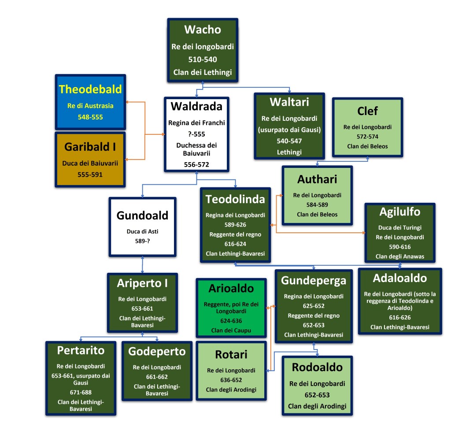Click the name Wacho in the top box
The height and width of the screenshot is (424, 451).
[203, 30]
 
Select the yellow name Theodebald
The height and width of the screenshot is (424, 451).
[90, 89]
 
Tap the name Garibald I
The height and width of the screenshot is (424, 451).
[90, 146]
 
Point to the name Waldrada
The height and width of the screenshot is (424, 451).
[196, 107]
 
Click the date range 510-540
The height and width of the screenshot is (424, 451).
[203, 60]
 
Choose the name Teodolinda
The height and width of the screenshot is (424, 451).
[235, 199]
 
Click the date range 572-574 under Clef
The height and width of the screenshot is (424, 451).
[367, 137]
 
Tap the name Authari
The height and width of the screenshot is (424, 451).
[318, 179]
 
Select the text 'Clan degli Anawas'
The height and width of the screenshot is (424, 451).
[399, 256]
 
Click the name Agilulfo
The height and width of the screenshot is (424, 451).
[399, 212]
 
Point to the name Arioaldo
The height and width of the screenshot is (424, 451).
[231, 289]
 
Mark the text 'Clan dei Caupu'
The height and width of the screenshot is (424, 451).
[231, 330]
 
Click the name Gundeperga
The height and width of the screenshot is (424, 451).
[314, 281]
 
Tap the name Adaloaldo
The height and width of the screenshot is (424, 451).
[399, 279]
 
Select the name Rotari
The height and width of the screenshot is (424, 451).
[231, 354]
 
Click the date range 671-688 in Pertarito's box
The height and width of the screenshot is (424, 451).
[81, 391]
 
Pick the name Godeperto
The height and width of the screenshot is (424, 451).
[157, 351]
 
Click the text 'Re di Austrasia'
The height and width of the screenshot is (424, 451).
[90, 105]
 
